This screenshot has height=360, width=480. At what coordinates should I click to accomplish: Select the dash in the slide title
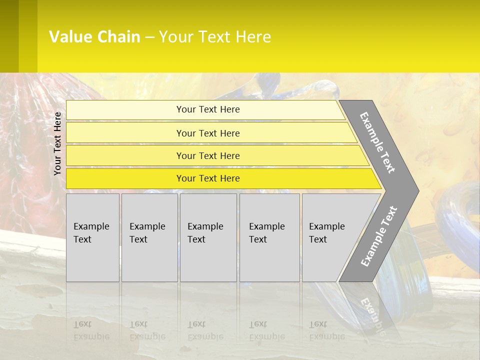149,37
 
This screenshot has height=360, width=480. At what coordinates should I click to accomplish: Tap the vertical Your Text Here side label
58,143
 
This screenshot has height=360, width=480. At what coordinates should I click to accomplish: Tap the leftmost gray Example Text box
92,237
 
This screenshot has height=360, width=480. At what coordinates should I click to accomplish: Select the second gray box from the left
149,237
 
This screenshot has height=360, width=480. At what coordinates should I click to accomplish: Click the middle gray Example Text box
208,237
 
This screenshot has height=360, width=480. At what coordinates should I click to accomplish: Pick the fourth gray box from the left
269,237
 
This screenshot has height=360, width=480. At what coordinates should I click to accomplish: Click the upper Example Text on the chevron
377,142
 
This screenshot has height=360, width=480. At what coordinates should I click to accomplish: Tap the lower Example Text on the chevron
379,236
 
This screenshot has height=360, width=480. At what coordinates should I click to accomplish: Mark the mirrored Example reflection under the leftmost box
91,336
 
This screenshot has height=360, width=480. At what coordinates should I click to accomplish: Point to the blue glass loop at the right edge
460,220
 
